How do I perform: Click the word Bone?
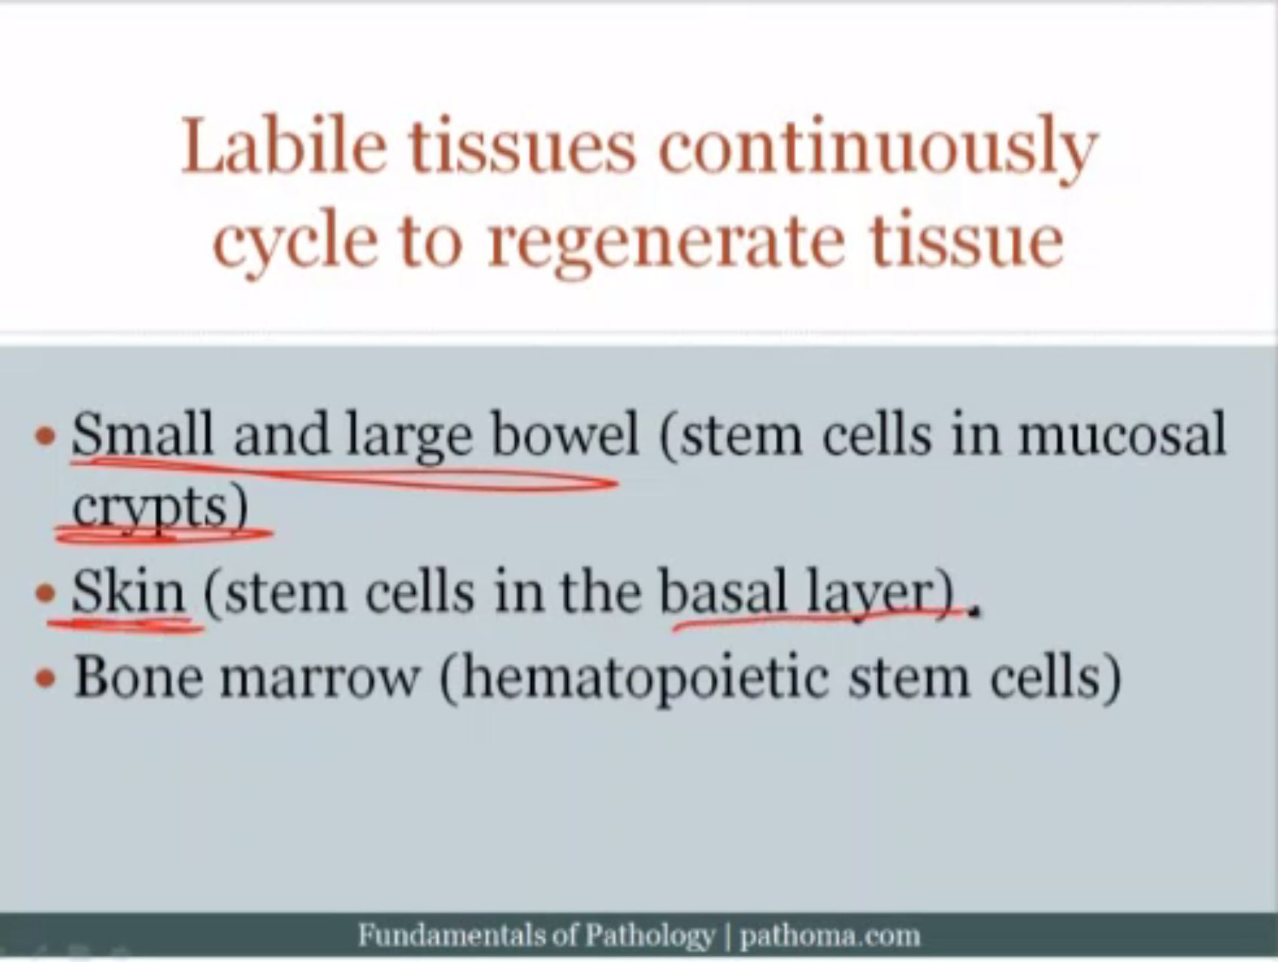[138, 675]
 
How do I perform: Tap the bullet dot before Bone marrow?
[46, 678]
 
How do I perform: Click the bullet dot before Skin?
[46, 592]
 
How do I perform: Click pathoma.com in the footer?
[830, 936]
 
